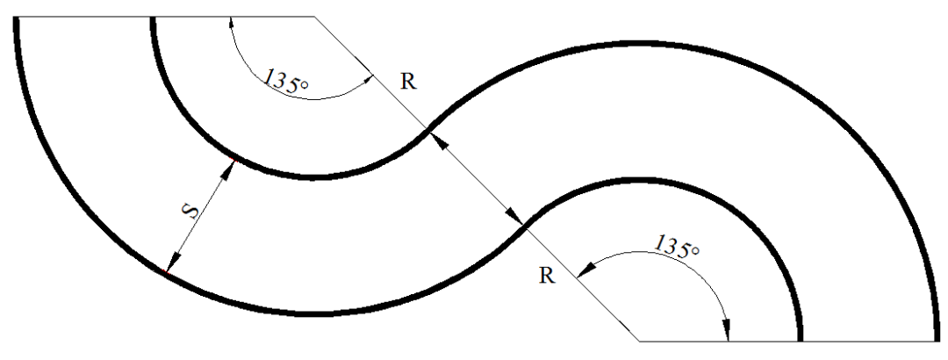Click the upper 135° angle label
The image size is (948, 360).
(x=287, y=77)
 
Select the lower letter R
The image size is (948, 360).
(x=546, y=276)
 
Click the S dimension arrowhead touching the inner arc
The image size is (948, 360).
(x=230, y=169)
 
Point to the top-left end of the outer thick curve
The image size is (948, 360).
(x=17, y=18)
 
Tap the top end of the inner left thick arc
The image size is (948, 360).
(x=154, y=18)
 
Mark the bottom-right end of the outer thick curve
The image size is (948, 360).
(x=937, y=338)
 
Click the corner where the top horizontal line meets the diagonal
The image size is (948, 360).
(x=314, y=17)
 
